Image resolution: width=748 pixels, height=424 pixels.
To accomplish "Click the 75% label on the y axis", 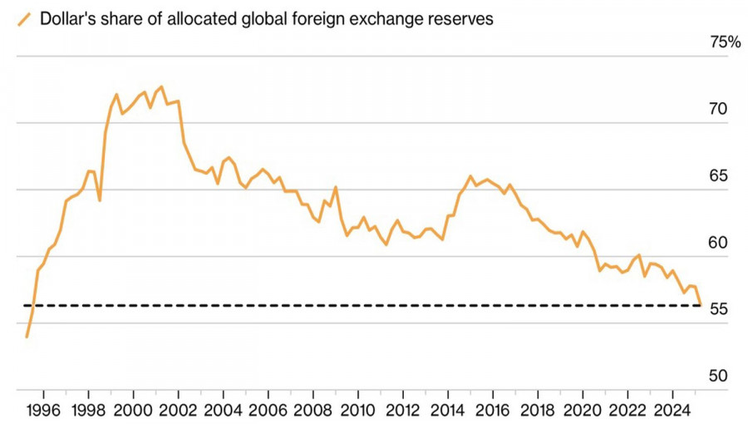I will tap(724, 42).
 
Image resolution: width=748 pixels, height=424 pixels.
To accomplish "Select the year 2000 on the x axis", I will tap(132, 411).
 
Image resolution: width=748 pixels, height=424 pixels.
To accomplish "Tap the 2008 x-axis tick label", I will tap(312, 411).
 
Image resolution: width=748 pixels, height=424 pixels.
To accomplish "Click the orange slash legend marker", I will tap(24, 19).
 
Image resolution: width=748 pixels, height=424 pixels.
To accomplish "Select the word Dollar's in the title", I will tap(70, 19).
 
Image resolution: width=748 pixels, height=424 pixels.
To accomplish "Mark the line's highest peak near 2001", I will tap(161, 86).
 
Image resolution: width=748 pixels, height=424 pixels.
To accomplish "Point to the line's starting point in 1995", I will tap(27, 337).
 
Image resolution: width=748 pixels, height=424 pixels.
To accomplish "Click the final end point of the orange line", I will tap(700, 304).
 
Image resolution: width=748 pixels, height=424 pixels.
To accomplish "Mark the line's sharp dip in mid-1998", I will tap(100, 200).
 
